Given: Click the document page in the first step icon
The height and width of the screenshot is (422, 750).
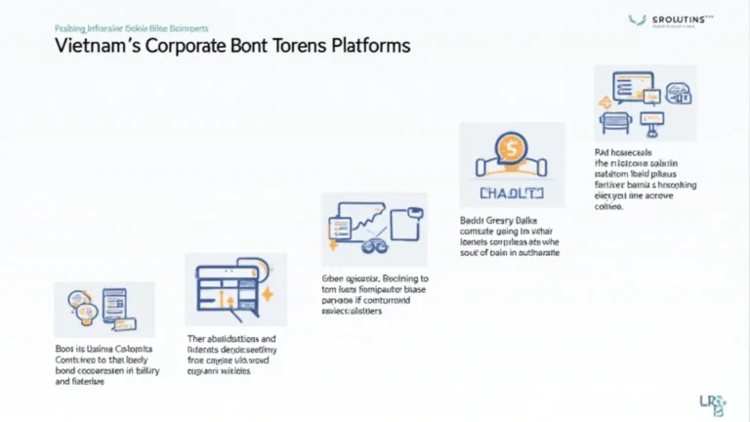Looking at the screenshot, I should [111, 306].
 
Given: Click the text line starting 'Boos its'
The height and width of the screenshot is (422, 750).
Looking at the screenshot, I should [99, 348].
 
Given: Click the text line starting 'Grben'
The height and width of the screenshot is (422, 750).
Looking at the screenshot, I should [375, 277].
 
